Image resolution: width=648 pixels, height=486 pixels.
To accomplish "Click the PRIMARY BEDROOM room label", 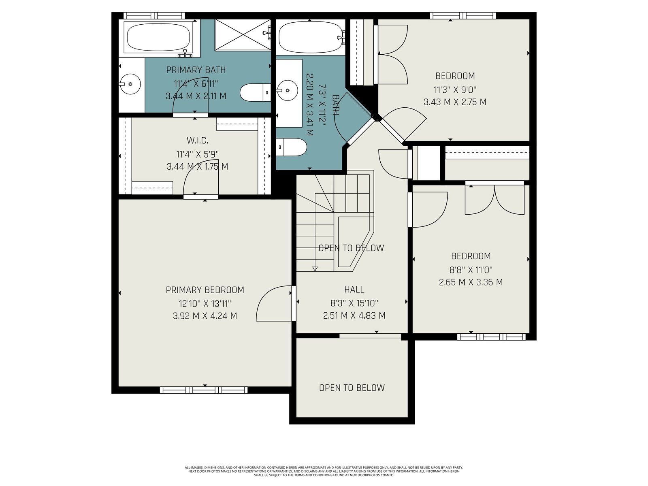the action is (x=205, y=290).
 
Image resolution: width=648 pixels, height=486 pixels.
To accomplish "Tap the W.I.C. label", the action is (x=198, y=141).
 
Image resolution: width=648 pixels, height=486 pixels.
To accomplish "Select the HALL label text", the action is (x=354, y=290).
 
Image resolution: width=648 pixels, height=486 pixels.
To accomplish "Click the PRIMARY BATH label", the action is (x=196, y=70).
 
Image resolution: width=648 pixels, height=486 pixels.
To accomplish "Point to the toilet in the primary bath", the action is (x=255, y=92).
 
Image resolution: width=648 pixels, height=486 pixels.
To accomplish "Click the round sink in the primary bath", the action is (x=131, y=84).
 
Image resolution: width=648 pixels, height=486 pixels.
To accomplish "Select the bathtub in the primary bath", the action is (x=158, y=38).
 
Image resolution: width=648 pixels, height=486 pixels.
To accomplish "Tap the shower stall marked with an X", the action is (x=243, y=35).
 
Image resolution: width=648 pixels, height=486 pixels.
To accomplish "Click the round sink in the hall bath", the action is (x=287, y=90).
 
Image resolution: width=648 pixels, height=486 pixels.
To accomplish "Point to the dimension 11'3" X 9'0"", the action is (x=455, y=90).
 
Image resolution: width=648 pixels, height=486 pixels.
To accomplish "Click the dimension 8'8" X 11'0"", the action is (x=471, y=270).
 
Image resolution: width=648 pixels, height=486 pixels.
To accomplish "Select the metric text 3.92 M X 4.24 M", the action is (x=205, y=316).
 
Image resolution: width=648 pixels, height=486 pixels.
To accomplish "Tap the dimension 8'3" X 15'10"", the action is (x=354, y=303).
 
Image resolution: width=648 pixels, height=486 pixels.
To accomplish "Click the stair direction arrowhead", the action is (x=315, y=269).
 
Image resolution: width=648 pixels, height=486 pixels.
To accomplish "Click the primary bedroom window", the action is (x=204, y=390).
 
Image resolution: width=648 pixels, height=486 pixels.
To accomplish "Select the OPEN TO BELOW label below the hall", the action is (x=352, y=388).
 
